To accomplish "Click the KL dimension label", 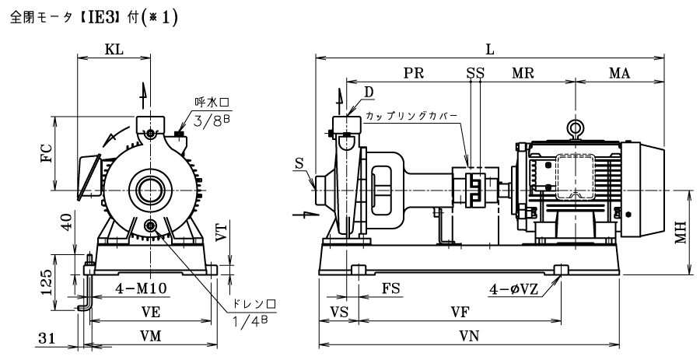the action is coord(114,50).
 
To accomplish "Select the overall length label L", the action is coord(490,50).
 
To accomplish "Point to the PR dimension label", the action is coord(414,73).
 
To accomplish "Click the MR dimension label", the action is coord(523,73).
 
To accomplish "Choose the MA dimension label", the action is coord(619,73).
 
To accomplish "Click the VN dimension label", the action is coord(469,336).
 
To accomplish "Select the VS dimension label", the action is coord(339,312).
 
